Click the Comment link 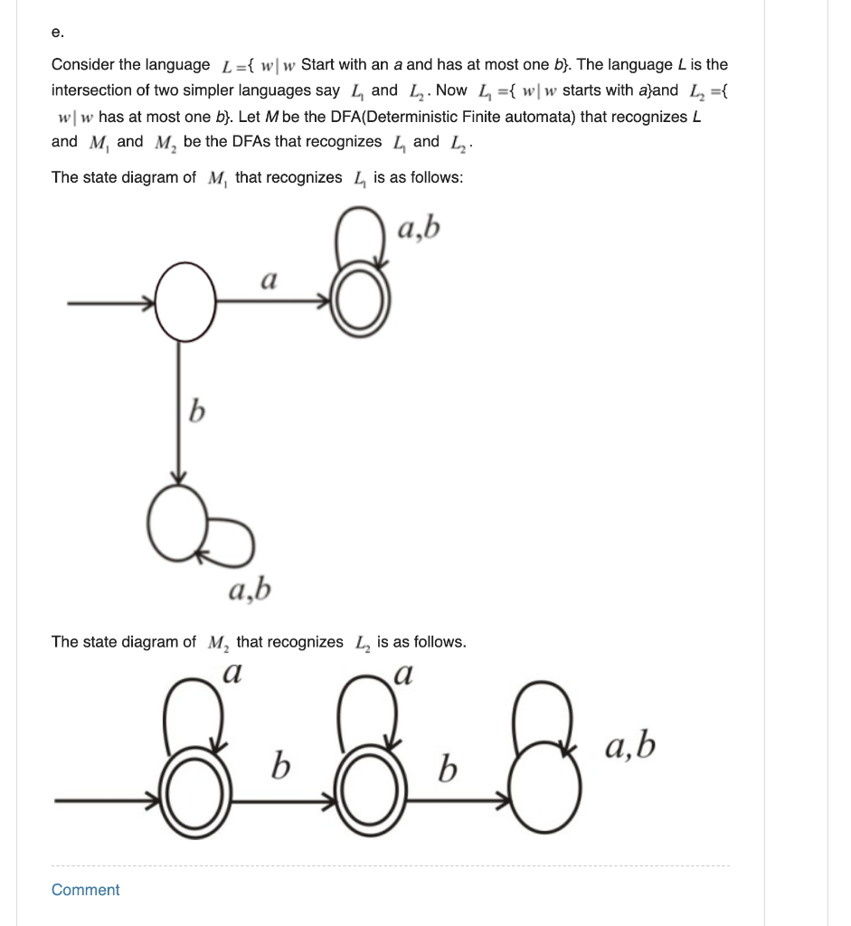click(85, 890)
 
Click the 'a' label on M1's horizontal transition click(268, 279)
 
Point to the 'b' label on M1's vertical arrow click(194, 414)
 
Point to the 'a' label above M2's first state click(232, 674)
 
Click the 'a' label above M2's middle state click(403, 674)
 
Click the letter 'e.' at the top click(58, 32)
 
